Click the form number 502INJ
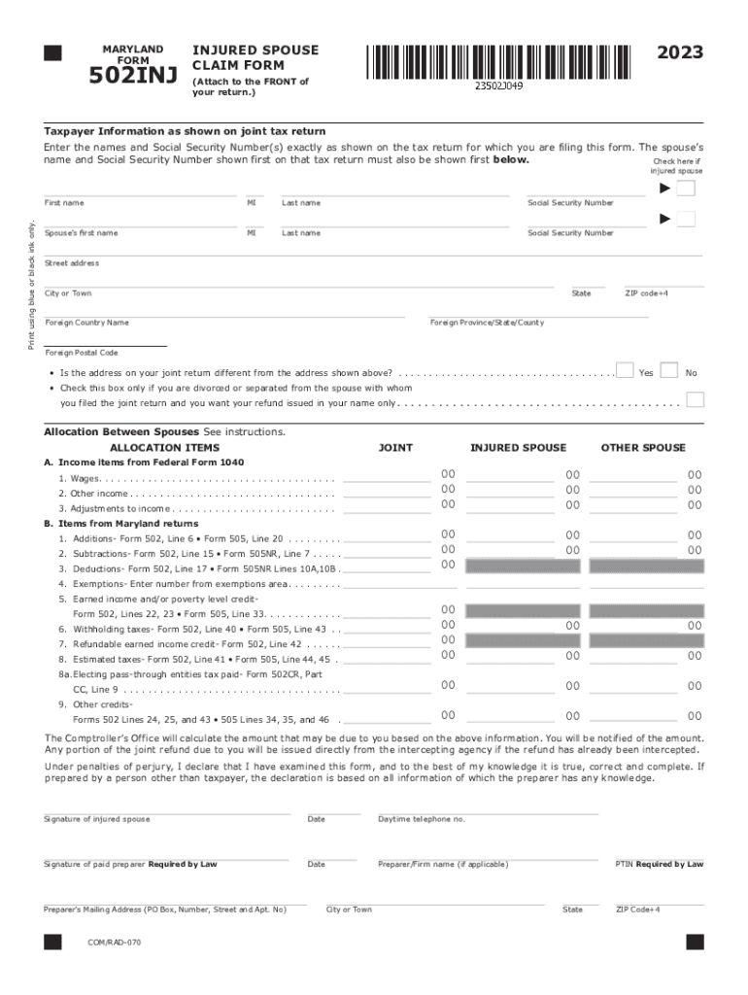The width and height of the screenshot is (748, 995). [133, 76]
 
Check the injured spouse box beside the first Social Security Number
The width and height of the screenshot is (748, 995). [686, 189]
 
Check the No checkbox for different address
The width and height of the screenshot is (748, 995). [668, 370]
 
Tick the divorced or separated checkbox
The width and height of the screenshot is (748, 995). [695, 399]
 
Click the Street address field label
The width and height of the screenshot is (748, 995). [71, 263]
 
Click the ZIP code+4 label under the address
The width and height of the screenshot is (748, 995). [646, 293]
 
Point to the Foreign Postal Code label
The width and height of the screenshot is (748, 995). [82, 353]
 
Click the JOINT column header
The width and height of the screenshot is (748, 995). [395, 448]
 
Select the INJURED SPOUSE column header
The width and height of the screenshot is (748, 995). [518, 448]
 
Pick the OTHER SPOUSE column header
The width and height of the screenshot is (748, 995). [643, 448]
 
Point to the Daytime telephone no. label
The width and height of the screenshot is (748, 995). [422, 819]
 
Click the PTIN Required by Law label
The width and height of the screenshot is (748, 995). [660, 864]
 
